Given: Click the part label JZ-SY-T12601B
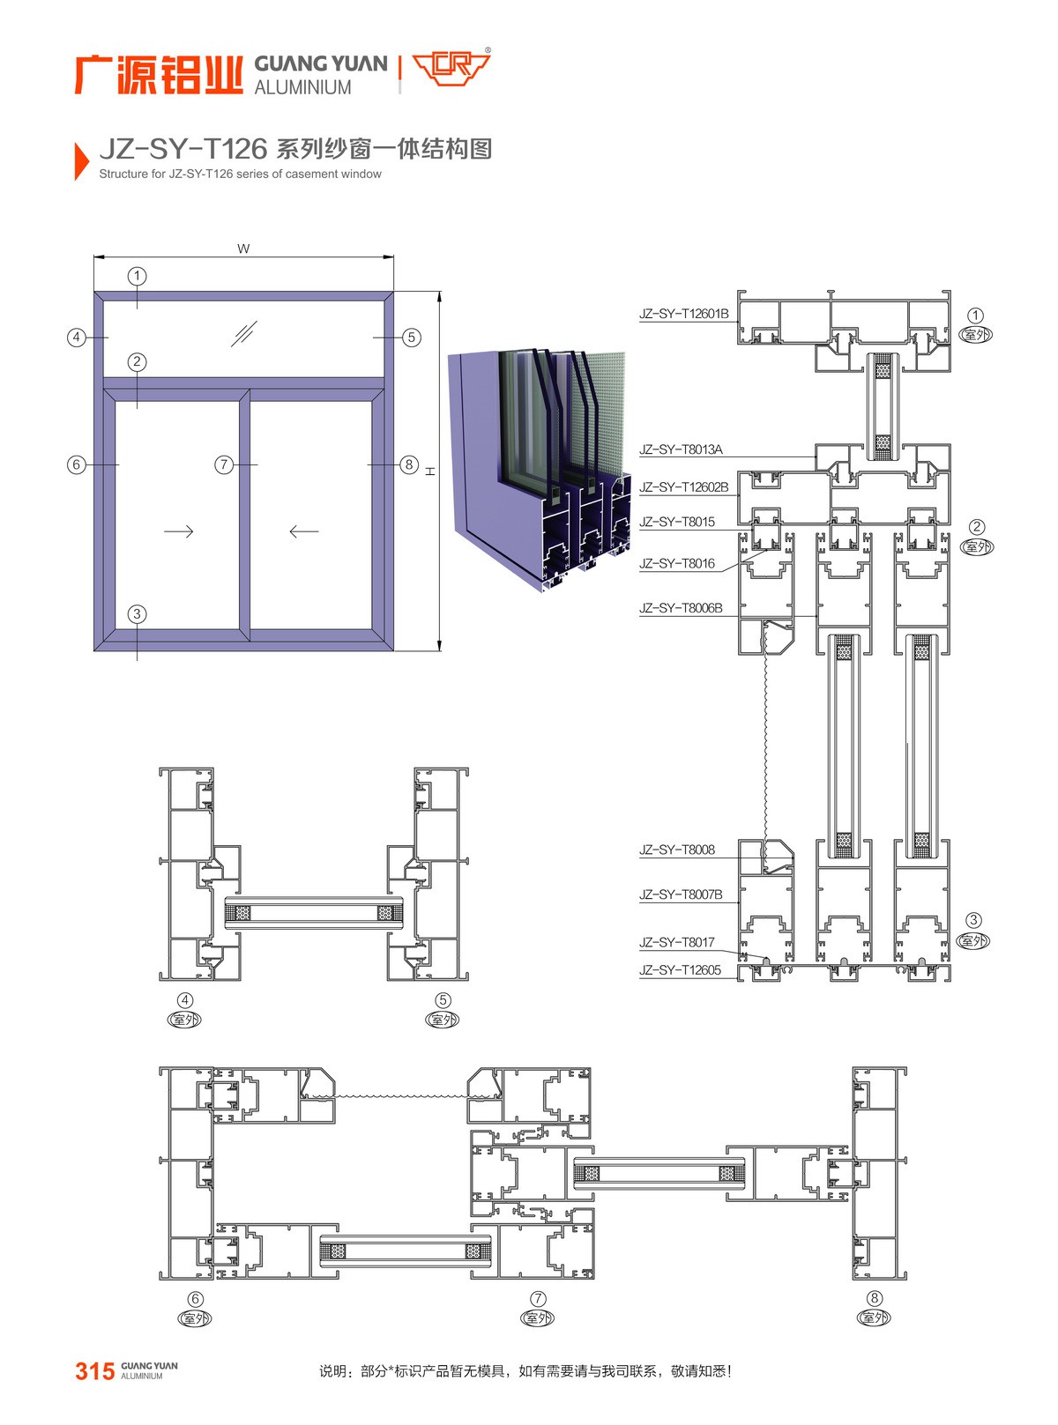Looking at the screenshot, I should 683,314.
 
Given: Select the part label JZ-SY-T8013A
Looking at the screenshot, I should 680,449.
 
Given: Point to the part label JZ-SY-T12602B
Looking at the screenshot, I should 683,487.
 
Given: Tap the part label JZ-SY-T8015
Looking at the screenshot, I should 676,522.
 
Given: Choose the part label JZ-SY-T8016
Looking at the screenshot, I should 676,564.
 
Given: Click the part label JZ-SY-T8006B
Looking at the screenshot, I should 680,608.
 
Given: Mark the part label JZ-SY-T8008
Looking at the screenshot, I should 676,850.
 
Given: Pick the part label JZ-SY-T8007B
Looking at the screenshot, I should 680,894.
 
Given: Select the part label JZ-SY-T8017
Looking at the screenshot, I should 676,942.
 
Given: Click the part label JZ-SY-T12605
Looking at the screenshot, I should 680,970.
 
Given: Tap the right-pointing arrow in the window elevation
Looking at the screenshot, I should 179,531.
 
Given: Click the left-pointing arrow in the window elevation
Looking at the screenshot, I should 304,531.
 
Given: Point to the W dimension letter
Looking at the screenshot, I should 243,249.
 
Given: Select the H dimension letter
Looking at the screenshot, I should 431,471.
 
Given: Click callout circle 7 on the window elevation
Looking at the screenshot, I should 224,464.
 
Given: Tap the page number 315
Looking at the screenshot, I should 94,1371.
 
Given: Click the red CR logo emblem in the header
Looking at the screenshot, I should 451,69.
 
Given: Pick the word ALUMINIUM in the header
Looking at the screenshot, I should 302,87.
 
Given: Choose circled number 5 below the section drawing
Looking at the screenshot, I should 443,1000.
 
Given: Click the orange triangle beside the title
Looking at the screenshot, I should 81,160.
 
